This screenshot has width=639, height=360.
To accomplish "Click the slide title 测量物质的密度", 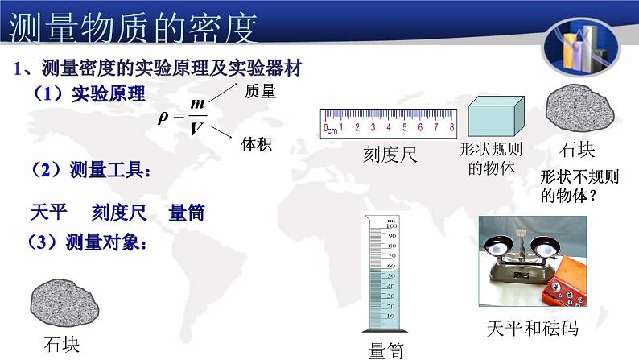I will (133, 27).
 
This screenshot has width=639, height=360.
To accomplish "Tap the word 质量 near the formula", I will (259, 92).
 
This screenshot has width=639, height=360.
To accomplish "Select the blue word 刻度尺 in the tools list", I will (118, 213).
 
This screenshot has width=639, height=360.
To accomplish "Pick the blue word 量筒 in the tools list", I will (186, 213).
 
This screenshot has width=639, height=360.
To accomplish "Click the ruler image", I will (389, 122).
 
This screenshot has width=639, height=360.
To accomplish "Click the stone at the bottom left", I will (65, 302).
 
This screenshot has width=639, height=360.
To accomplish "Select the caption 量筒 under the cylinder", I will (385, 350).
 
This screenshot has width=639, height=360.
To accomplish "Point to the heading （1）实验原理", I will (89, 93).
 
